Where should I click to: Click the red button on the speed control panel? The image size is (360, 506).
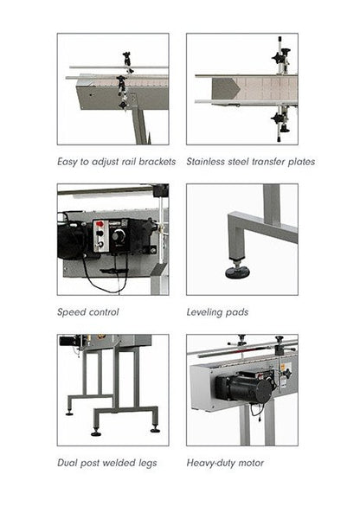coord(100,223)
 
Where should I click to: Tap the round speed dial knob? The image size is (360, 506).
coord(117,236)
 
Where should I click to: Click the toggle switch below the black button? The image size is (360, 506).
coord(100,244)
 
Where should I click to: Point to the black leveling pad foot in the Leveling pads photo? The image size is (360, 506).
coord(237,273)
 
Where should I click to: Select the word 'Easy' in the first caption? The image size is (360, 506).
coord(67,162)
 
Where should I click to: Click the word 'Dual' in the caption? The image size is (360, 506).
coord(67,463)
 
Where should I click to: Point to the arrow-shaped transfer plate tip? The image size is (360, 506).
coord(239,88)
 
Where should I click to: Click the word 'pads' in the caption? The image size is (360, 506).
coord(237,312)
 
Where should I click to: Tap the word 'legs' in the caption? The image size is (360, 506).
coord(148,463)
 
